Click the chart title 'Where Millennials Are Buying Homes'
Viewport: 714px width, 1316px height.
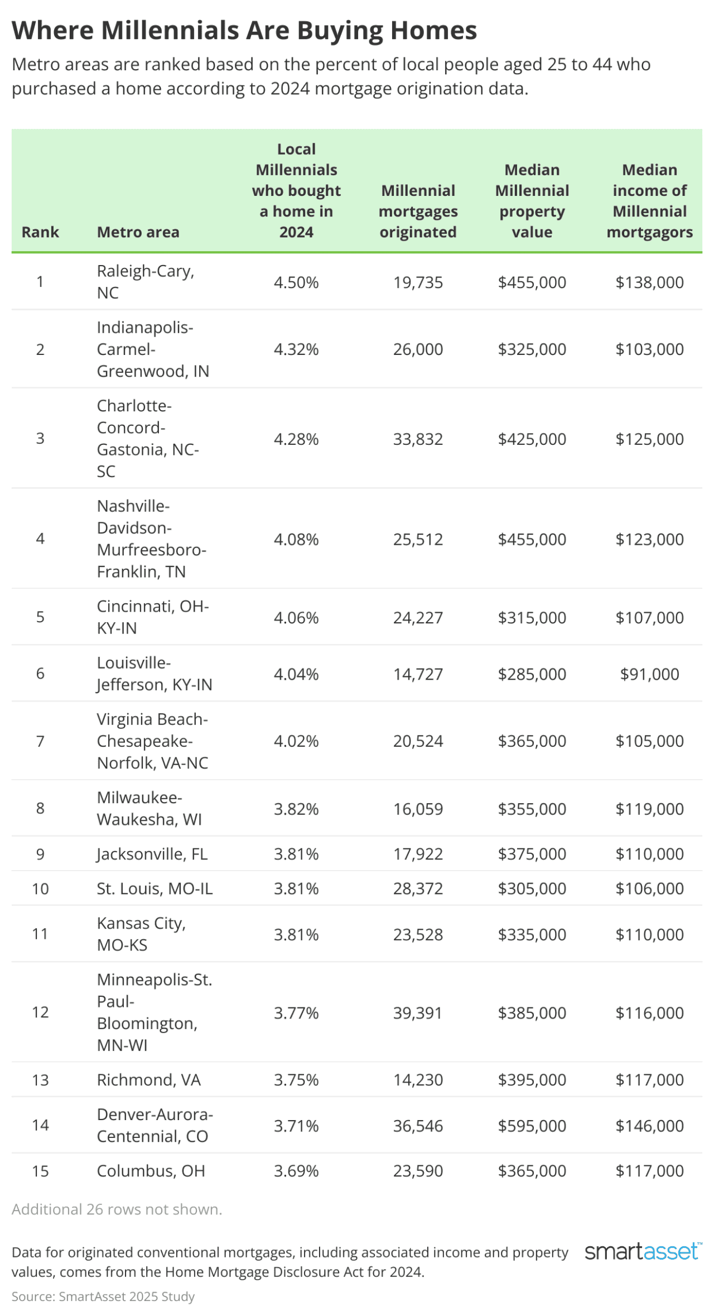[x=244, y=30]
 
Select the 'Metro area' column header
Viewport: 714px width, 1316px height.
[x=138, y=232]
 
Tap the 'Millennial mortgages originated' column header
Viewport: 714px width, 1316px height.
[x=418, y=211]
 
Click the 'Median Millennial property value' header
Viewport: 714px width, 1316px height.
[x=532, y=201]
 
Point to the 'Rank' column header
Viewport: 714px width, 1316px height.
[x=40, y=232]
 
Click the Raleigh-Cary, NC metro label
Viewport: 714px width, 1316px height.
[x=145, y=282]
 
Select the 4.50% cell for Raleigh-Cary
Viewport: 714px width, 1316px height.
[x=296, y=282]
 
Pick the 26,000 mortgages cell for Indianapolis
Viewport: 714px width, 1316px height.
[x=418, y=349]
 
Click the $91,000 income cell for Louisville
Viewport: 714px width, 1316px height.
[x=649, y=674]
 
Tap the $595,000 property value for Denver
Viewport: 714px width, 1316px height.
[x=532, y=1126]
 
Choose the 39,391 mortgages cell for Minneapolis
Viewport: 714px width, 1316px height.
[x=418, y=1013]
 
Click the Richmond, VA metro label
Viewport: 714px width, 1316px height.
[x=148, y=1080]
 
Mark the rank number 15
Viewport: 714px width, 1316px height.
[x=40, y=1171]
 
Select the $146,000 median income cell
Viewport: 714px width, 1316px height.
[x=649, y=1126]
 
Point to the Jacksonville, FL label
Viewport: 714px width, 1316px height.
[x=152, y=854]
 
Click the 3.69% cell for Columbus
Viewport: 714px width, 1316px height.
[x=296, y=1171]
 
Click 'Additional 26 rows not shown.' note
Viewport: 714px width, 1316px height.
[x=117, y=1209]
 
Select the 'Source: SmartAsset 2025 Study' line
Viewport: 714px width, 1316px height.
[x=103, y=1296]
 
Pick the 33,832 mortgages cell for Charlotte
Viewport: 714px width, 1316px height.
[x=418, y=439]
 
